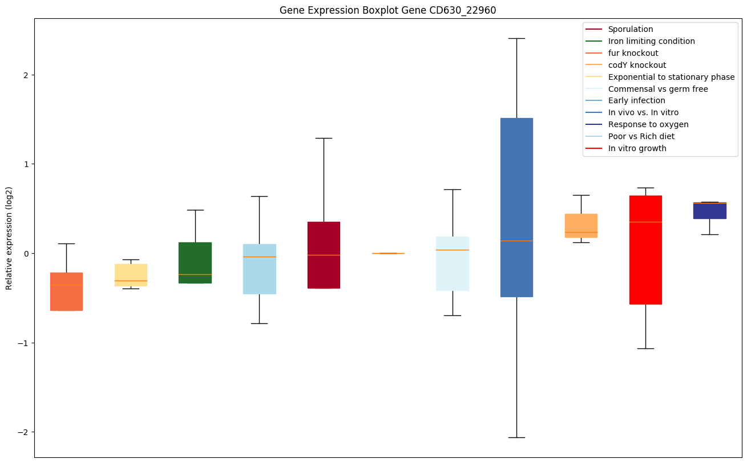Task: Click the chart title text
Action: point(383,10)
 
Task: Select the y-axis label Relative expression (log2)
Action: point(9,238)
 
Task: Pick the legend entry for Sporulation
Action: point(631,29)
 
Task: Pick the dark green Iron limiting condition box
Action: point(195,262)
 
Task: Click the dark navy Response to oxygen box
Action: point(709,210)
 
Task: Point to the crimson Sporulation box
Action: point(324,255)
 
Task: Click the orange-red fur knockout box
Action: point(66,291)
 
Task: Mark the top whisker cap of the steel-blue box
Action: point(516,38)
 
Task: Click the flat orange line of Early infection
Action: point(388,253)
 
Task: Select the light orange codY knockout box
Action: point(581,226)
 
